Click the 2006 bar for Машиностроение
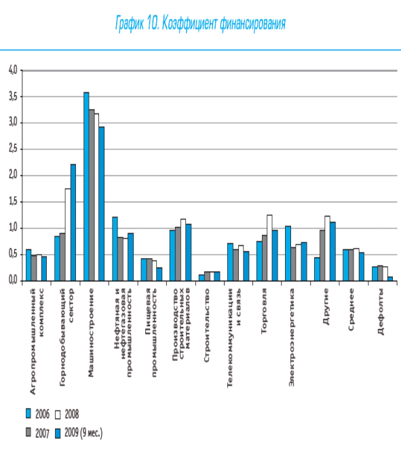pyautogui.click(x=86, y=187)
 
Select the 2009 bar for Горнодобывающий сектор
pyautogui.click(x=73, y=223)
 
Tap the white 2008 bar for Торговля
pyautogui.click(x=269, y=248)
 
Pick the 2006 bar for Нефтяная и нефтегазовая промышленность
pyautogui.click(x=115, y=249)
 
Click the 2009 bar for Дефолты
pyautogui.click(x=390, y=279)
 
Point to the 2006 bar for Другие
pyautogui.click(x=317, y=270)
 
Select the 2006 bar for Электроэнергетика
pyautogui.click(x=288, y=253)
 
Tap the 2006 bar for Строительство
pyautogui.click(x=202, y=278)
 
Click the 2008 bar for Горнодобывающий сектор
pyautogui.click(x=68, y=235)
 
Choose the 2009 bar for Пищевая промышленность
pyautogui.click(x=159, y=274)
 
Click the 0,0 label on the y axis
pyautogui.click(x=13, y=280)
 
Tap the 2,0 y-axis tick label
pyautogui.click(x=13, y=175)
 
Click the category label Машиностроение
pyautogui.click(x=91, y=333)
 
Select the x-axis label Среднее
pyautogui.click(x=351, y=309)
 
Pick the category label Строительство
pyautogui.click(x=207, y=325)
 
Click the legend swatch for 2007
pyautogui.click(x=28, y=433)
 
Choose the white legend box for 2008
pyautogui.click(x=58, y=414)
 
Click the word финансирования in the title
pyautogui.click(x=253, y=24)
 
